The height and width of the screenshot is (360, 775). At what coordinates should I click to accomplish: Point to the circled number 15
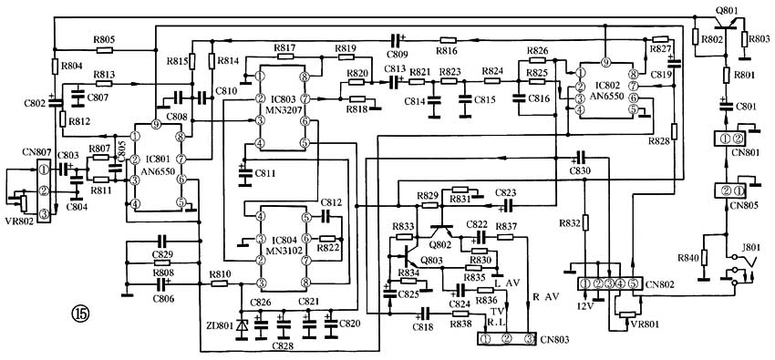click(x=81, y=314)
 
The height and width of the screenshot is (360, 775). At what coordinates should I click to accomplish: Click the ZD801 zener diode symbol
click(x=242, y=327)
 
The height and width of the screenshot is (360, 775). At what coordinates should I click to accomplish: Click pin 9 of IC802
click(x=605, y=63)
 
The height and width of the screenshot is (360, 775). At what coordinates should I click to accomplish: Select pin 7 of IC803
click(x=305, y=98)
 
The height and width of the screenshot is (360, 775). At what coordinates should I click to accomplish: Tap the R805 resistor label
click(x=104, y=39)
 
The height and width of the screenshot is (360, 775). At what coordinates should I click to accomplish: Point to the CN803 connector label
click(x=554, y=340)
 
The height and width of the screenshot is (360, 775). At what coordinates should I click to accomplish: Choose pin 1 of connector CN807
click(x=44, y=170)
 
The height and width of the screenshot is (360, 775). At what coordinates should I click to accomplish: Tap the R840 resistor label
click(x=687, y=257)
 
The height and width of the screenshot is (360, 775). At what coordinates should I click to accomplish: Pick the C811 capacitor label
click(x=265, y=173)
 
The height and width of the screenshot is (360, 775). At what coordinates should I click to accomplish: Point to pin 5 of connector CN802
click(x=633, y=284)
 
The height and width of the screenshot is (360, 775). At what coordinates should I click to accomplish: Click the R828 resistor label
click(x=660, y=141)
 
